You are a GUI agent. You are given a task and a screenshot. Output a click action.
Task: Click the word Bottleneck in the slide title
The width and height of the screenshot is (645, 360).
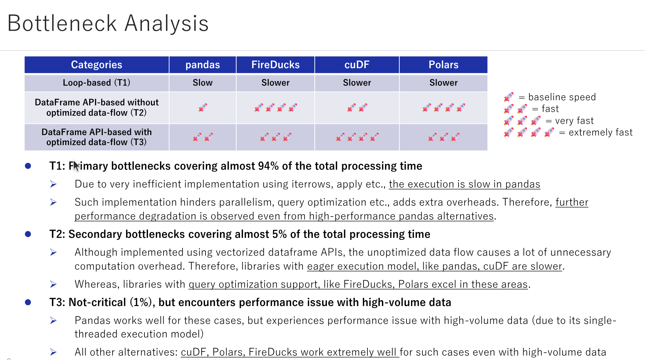[62, 24]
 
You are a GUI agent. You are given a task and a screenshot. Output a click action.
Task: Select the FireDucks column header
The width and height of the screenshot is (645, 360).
[275, 65]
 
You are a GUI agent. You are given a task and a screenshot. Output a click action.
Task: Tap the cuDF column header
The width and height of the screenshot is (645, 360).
[357, 65]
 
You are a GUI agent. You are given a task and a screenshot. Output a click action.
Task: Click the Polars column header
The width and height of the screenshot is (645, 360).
[443, 65]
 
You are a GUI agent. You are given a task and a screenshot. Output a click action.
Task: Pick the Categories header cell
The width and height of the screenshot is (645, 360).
[96, 65]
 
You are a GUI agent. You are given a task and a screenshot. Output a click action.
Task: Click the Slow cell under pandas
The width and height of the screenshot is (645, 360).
[203, 83]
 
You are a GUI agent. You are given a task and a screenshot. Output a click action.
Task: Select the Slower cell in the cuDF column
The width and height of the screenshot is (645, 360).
[357, 83]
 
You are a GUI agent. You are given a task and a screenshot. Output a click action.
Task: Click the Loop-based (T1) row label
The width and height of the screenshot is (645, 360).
[96, 83]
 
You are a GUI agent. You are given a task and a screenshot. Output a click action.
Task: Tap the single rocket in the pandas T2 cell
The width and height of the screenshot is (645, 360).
[203, 108]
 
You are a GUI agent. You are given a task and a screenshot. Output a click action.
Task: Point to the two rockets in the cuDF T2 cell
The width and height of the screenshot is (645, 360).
[357, 108]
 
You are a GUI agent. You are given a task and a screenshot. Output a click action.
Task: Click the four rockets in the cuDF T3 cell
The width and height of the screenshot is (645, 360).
[357, 137]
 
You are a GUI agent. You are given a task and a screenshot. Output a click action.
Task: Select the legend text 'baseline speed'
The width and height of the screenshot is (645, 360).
[562, 97]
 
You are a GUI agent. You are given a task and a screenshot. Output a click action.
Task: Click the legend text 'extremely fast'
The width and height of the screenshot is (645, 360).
[600, 132]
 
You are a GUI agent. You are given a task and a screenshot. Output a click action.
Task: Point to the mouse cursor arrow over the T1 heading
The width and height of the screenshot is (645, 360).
[76, 165]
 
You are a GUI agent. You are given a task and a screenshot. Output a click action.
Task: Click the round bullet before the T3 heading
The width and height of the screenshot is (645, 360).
[28, 302]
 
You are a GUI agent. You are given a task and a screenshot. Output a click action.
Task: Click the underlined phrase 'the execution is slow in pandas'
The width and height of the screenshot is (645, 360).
[464, 184]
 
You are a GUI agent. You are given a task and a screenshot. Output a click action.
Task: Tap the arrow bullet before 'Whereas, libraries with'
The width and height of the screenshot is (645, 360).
[53, 284]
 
